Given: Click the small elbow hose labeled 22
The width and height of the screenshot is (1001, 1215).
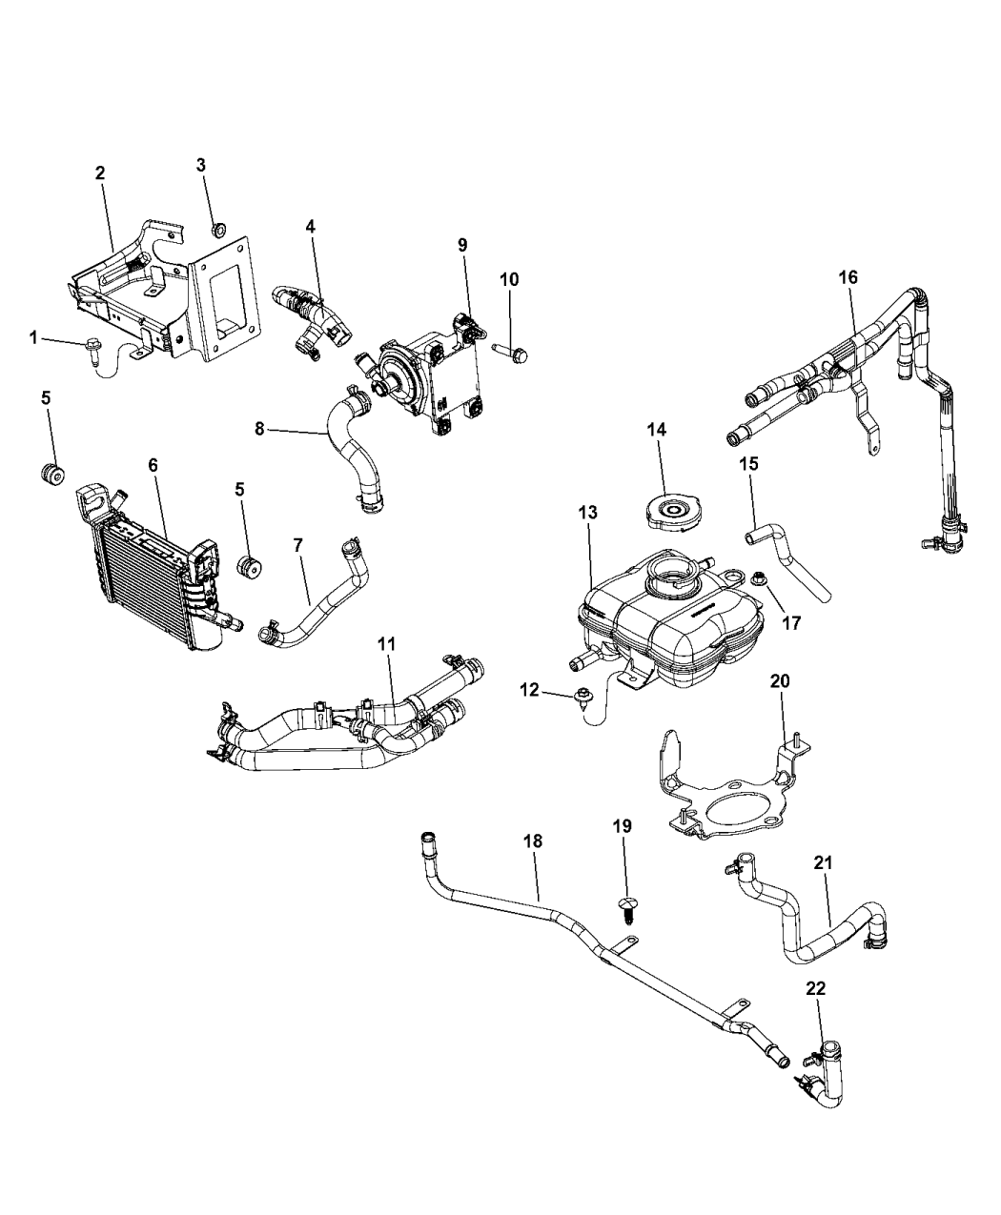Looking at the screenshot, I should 825,1077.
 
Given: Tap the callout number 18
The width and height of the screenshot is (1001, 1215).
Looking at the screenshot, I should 532,840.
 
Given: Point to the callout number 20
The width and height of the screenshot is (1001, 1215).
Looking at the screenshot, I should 781,681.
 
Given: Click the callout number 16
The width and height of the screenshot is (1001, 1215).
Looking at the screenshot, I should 848,276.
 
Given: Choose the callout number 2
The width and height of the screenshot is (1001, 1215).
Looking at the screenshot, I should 100,172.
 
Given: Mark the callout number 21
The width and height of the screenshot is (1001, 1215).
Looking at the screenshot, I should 824,862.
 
